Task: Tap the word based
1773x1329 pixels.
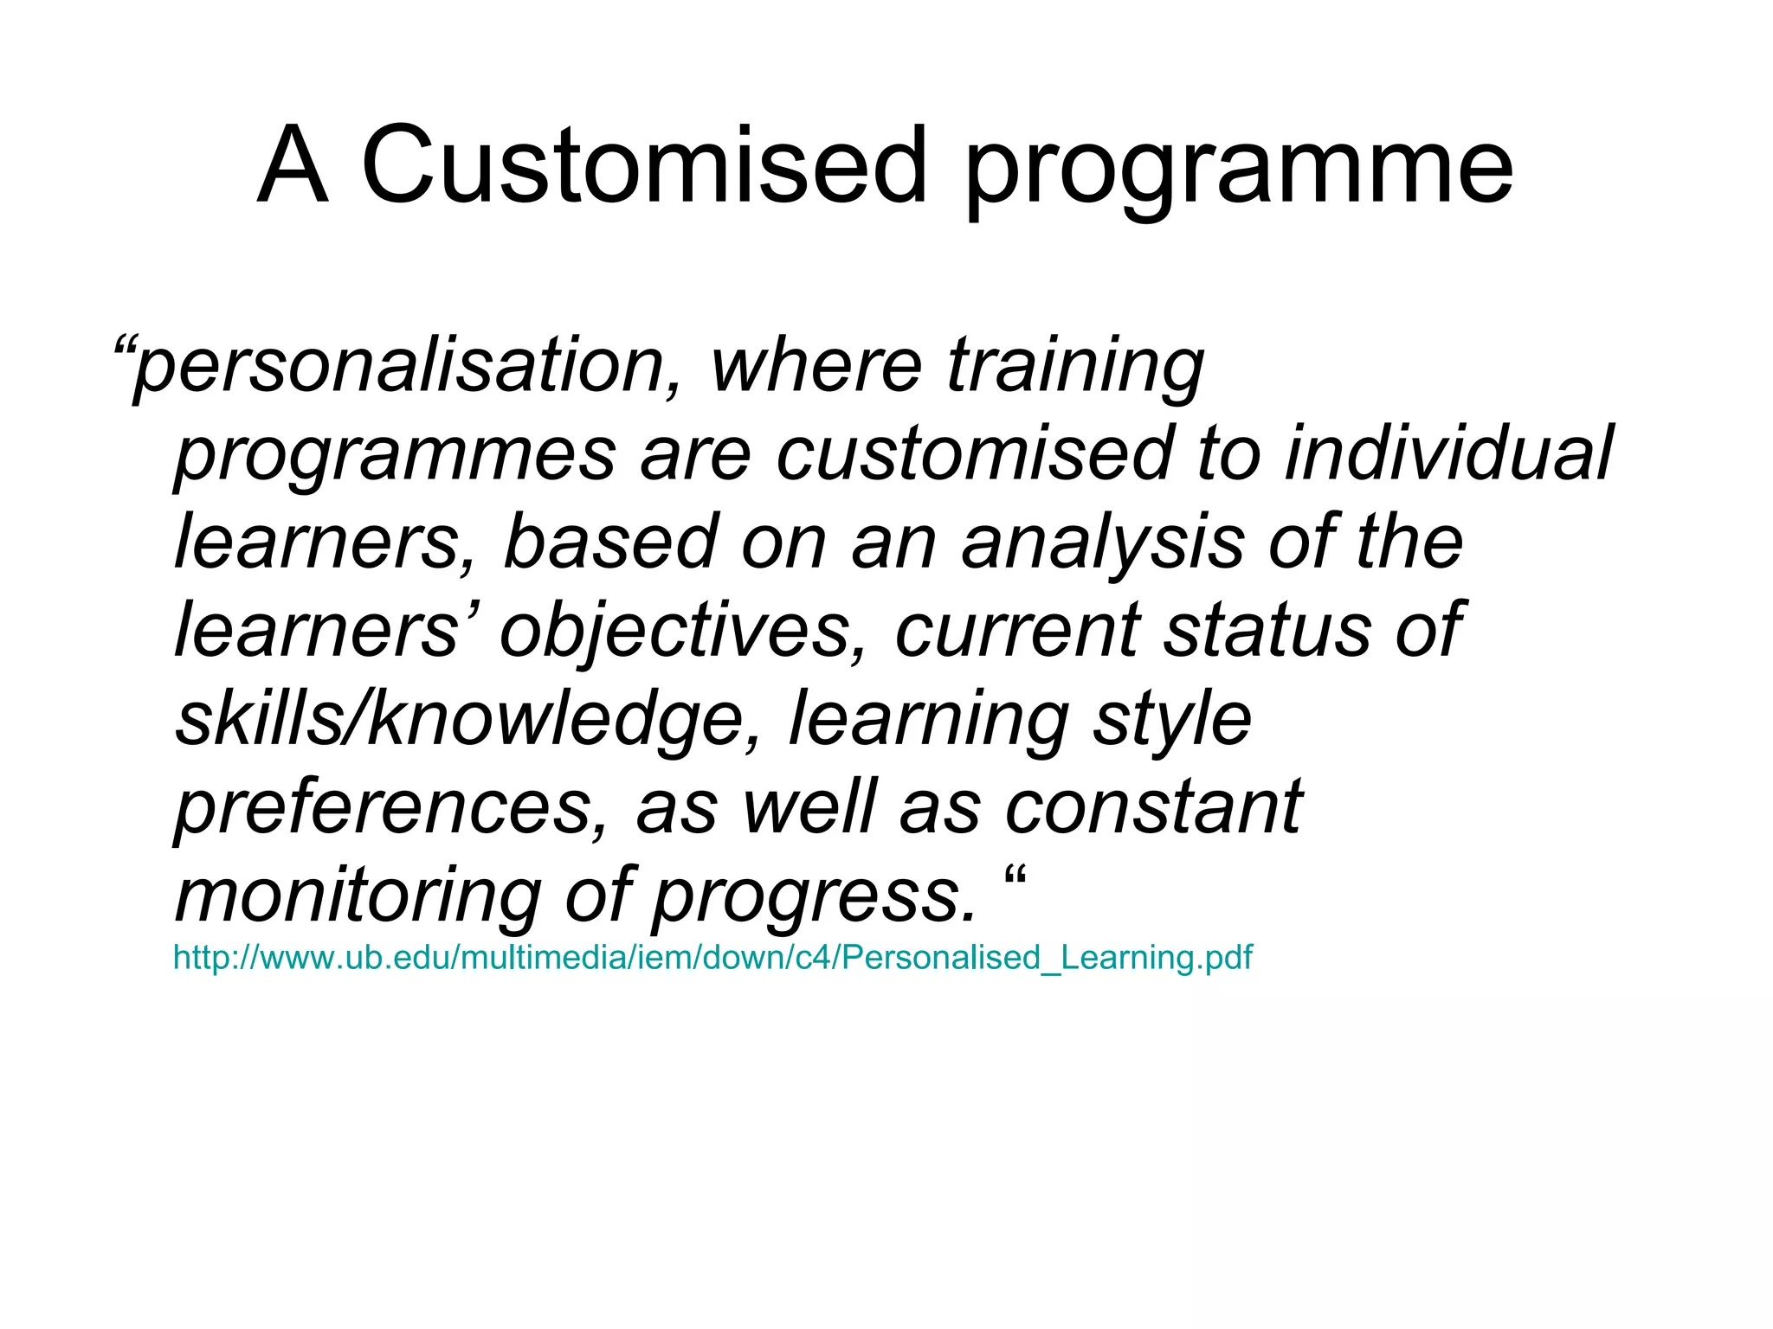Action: pyautogui.click(x=611, y=542)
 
